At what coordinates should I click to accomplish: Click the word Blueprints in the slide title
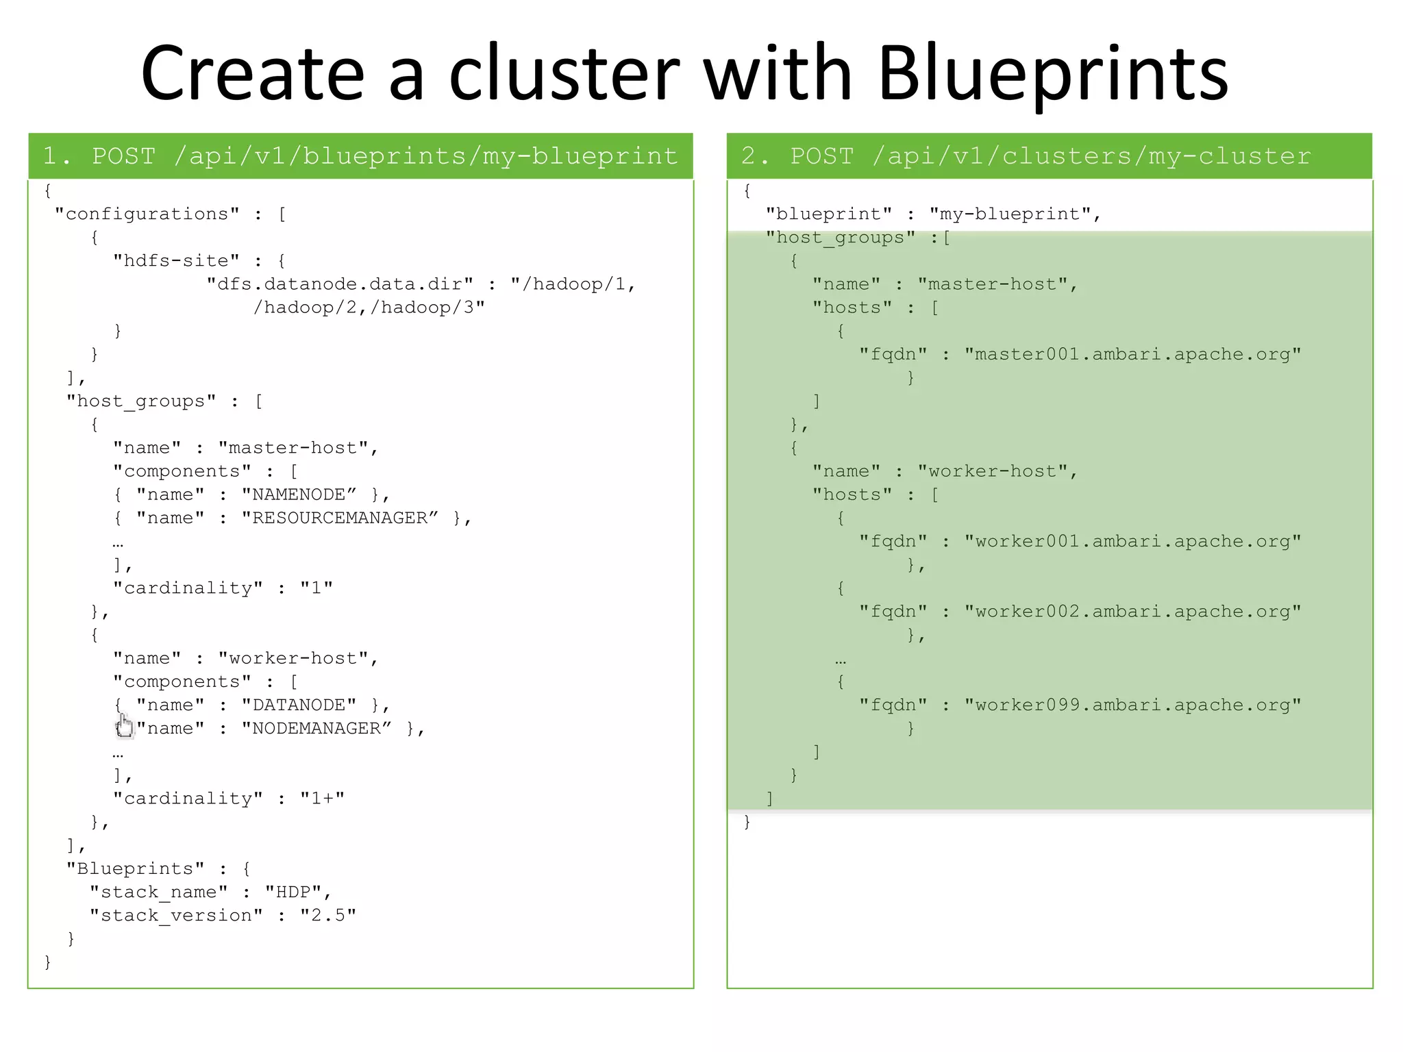1053,74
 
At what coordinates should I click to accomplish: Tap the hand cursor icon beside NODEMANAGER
125,726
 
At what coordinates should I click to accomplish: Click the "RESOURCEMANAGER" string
339,518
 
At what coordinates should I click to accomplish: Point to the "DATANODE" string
299,705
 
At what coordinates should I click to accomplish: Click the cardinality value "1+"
322,799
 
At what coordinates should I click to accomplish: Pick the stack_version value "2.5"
327,916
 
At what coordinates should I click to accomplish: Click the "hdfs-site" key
176,261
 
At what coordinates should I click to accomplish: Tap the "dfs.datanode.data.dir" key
340,284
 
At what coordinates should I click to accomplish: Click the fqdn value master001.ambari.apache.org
1132,354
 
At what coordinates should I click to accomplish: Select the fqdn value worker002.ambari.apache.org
1132,612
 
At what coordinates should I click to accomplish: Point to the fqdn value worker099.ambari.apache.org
1132,705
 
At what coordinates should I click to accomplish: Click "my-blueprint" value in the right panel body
1010,214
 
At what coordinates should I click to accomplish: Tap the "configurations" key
147,214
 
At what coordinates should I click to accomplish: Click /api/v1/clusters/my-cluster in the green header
1091,156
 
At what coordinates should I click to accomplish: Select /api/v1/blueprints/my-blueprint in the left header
425,156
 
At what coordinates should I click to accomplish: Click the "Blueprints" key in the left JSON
135,868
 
